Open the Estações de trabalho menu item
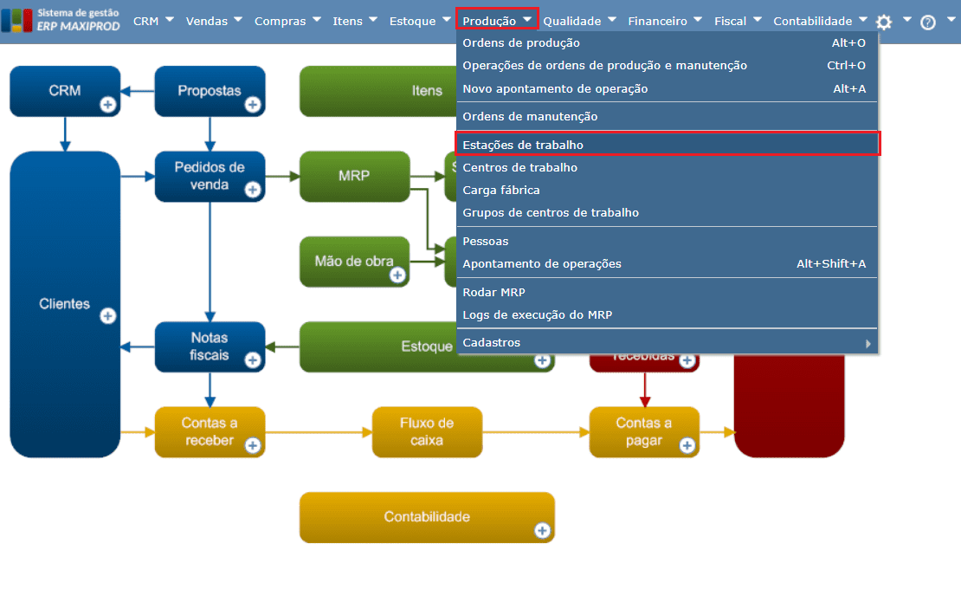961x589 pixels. [x=523, y=145]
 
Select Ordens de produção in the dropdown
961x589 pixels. [x=521, y=42]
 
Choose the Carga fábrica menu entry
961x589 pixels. [x=501, y=190]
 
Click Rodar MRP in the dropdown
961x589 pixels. [x=493, y=292]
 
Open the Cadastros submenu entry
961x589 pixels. [x=492, y=342]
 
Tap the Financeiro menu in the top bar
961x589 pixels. [x=657, y=21]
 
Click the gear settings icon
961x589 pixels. [x=883, y=23]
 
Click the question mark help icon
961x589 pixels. [x=928, y=23]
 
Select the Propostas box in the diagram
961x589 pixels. [x=209, y=90]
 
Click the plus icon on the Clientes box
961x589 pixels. [x=108, y=316]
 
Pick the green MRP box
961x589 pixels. [x=354, y=176]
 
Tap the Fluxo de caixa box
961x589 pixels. [x=427, y=431]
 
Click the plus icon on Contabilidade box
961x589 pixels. [x=542, y=530]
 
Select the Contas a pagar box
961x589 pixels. [x=643, y=431]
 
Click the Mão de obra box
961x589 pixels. [x=354, y=261]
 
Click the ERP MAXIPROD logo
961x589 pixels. [x=54, y=20]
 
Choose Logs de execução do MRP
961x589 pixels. [x=537, y=314]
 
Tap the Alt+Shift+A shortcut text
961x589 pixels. [x=830, y=263]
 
